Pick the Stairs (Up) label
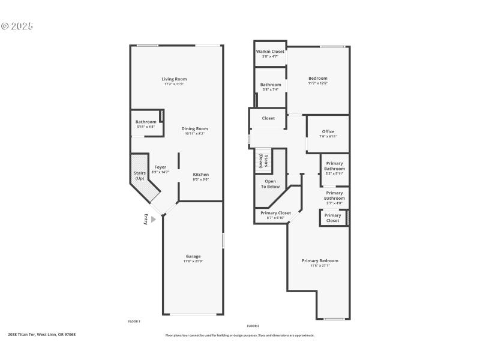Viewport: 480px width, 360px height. tap(139, 175)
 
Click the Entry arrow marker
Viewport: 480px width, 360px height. tap(153, 220)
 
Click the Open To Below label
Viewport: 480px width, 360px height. tap(271, 184)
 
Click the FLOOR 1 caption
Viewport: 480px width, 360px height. tap(134, 322)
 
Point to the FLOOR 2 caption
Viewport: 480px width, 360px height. tap(253, 326)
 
